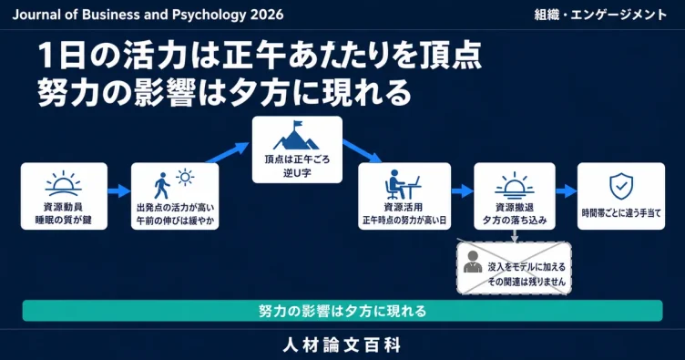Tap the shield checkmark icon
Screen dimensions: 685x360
tap(621, 187)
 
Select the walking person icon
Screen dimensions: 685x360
tap(162, 186)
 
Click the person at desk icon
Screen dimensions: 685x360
tap(404, 184)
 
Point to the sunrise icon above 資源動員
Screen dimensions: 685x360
tap(64, 183)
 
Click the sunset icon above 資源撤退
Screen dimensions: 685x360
tap(514, 186)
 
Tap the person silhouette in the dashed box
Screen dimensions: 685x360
tap(473, 262)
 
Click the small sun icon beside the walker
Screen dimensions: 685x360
tap(185, 177)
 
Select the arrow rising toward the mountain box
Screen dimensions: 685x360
tap(228, 152)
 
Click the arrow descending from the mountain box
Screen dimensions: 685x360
tap(363, 151)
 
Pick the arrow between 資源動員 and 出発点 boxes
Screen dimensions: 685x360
tap(118, 190)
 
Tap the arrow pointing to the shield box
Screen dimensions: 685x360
tap(567, 190)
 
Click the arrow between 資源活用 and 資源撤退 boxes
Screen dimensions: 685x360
tap(462, 190)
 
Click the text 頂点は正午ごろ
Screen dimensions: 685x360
tap(297, 159)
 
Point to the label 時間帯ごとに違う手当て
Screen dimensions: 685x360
tap(621, 213)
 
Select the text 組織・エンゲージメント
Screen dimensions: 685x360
tap(600, 15)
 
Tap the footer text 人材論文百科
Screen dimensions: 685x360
tap(342, 345)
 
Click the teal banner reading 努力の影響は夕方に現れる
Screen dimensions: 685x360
tap(342, 311)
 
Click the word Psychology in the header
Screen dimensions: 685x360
tap(209, 15)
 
